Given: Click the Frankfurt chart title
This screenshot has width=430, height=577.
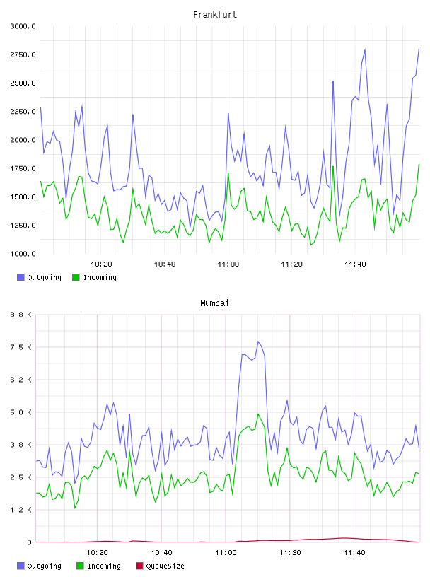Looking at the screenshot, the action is (215, 15).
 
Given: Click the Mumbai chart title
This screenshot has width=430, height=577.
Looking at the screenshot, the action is (214, 303).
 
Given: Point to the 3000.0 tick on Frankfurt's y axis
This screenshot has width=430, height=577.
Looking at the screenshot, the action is (23, 26).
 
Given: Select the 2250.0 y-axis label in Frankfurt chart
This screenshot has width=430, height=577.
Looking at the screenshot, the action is (23, 112).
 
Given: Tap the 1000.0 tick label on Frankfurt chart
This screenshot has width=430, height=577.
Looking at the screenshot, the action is (23, 254).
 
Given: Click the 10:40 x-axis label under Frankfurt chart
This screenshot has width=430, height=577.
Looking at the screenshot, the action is (165, 264).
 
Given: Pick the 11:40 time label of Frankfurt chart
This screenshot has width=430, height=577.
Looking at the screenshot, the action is (355, 264).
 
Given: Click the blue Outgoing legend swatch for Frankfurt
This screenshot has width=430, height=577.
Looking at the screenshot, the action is (21, 277).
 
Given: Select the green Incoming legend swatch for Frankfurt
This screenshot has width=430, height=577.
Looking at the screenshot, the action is (76, 277).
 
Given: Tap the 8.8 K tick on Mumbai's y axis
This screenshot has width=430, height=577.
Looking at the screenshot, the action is (21, 315).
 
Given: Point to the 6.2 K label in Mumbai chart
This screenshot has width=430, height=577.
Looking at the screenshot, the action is (21, 380).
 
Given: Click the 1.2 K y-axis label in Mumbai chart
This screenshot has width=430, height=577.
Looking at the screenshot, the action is (21, 510).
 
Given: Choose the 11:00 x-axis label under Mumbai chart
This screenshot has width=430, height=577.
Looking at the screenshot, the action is (226, 553).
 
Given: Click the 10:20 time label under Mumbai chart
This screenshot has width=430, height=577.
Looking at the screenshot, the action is (97, 553).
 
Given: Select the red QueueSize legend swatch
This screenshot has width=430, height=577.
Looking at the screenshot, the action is (139, 566).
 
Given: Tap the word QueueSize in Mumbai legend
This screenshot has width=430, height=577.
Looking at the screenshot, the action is (165, 566).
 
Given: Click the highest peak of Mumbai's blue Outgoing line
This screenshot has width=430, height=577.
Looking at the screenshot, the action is (258, 342).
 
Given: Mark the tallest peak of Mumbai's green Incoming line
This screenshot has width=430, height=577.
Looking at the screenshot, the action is (258, 414).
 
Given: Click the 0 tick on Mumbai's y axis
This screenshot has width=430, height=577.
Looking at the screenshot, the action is (29, 542).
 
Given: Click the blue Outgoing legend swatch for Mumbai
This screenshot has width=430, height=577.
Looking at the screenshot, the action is (21, 566).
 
